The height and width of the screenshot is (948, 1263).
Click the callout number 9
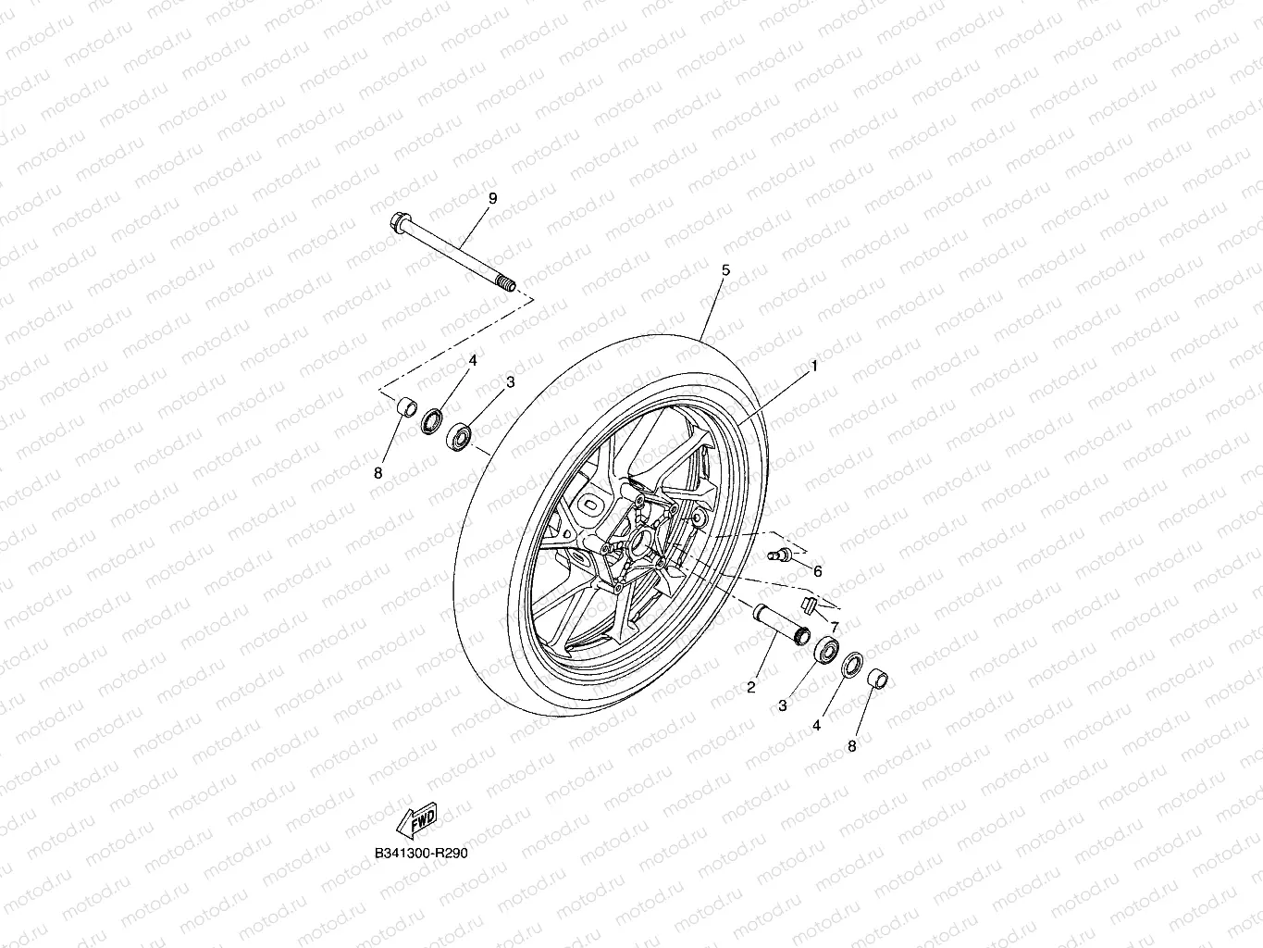click(492, 198)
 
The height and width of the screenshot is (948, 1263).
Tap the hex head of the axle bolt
click(400, 221)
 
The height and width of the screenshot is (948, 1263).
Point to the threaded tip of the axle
click(506, 284)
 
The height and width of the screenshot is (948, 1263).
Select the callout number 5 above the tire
click(725, 270)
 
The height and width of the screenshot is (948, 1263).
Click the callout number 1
click(813, 366)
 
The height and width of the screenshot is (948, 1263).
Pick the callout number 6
click(817, 571)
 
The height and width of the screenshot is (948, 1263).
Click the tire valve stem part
click(780, 555)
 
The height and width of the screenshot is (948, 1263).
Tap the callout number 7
click(835, 627)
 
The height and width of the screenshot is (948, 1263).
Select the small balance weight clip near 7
click(809, 605)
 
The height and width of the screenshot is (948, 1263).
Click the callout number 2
click(750, 687)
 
